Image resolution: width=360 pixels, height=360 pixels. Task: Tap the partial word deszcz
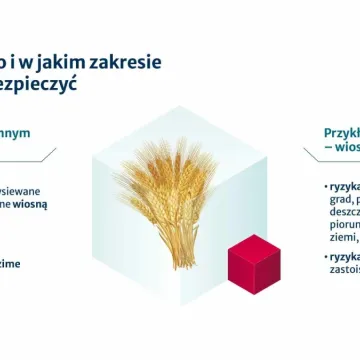pyautogui.click(x=341, y=214)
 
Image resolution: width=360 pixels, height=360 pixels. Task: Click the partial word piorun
pyautogui.click(x=342, y=227)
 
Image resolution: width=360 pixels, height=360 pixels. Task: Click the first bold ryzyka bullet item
pyautogui.click(x=343, y=186)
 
